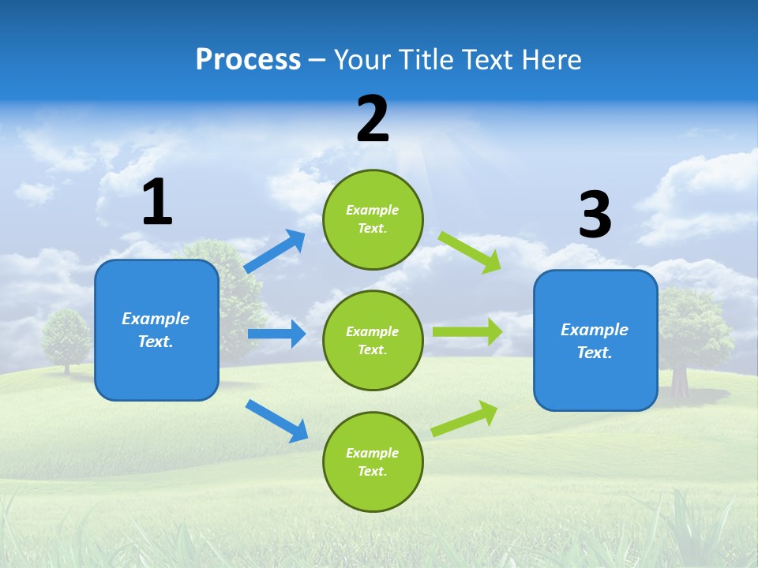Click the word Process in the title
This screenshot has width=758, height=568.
pyautogui.click(x=248, y=59)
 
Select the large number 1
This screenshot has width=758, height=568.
pyautogui.click(x=158, y=201)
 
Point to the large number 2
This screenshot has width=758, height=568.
pyautogui.click(x=373, y=118)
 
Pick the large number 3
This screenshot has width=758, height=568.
pyautogui.click(x=595, y=213)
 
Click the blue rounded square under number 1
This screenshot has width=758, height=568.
pyautogui.click(x=156, y=331)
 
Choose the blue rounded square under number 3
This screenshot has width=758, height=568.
pyautogui.click(x=595, y=341)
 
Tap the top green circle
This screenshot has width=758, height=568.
pyautogui.click(x=373, y=219)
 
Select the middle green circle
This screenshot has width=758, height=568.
pyautogui.click(x=373, y=341)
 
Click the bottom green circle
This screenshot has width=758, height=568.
pyautogui.click(x=373, y=461)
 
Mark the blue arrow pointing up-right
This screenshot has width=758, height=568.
pyautogui.click(x=275, y=251)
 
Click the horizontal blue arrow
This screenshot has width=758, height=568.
pyautogui.click(x=276, y=334)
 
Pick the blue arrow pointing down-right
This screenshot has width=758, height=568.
pyautogui.click(x=276, y=420)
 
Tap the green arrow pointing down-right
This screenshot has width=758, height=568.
pyautogui.click(x=470, y=252)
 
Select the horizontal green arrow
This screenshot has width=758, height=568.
pyautogui.click(x=467, y=332)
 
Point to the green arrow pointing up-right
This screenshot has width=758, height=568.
pyautogui.click(x=464, y=418)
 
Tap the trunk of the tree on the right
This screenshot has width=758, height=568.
pyautogui.click(x=680, y=381)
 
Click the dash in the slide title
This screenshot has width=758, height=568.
pyautogui.click(x=317, y=62)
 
